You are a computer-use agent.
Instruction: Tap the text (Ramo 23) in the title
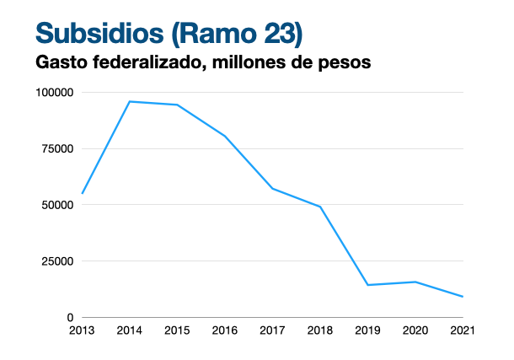point(237,33)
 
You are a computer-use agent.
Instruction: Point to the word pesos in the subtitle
point(348,62)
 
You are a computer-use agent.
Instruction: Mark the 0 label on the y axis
point(71,317)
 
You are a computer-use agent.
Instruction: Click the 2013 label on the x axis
point(82,330)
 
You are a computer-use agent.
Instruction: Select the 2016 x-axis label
point(225,330)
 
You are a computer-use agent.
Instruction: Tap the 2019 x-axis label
point(367,330)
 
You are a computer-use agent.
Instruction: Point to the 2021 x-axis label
point(463,330)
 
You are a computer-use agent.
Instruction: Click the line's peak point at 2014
point(130,101)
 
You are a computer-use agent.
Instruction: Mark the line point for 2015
point(177,105)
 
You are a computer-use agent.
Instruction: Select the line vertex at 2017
point(272,188)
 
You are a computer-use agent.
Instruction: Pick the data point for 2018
point(320,207)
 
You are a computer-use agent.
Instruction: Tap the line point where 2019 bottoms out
point(367,285)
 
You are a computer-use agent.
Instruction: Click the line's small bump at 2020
point(415,282)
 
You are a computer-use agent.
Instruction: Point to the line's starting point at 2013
point(82,193)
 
